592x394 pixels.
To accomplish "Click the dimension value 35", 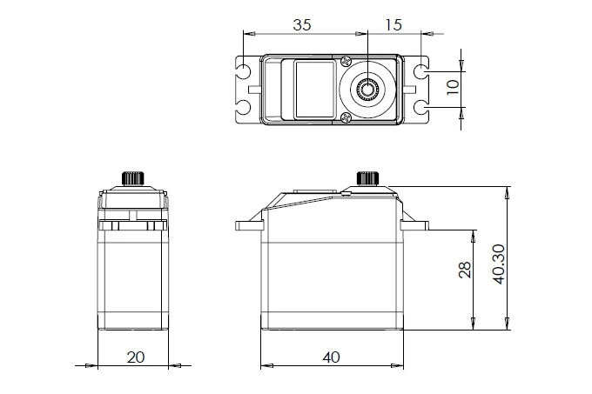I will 302,25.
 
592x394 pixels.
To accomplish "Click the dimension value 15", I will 393,25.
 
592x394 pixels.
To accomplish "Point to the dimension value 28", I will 464,272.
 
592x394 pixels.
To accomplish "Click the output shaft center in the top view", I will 367,88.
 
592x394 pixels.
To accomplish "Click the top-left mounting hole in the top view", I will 245,70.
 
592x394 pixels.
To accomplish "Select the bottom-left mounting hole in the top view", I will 245,107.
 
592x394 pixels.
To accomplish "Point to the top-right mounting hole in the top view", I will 421,70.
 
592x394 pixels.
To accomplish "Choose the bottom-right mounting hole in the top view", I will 421,107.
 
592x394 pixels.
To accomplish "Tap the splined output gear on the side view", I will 367,178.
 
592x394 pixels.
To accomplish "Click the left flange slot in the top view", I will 252,89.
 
